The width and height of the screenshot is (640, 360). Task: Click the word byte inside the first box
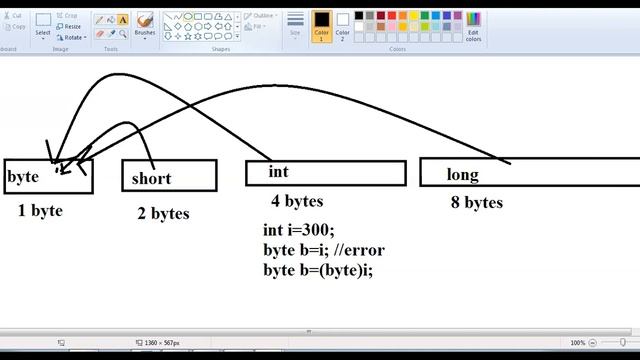[23, 177]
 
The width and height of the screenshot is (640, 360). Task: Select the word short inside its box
[151, 179]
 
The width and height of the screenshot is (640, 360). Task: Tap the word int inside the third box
[278, 172]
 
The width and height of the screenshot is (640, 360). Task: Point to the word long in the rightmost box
[462, 175]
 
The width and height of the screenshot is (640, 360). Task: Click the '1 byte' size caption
[40, 211]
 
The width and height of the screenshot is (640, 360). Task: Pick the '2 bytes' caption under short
[163, 213]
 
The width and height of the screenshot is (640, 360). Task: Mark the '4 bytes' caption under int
[297, 201]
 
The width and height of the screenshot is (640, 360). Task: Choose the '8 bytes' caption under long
[476, 203]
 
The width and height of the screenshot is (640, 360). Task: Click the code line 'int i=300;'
[298, 230]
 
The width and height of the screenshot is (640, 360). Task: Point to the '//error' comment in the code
[359, 249]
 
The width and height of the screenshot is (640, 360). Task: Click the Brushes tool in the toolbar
[145, 24]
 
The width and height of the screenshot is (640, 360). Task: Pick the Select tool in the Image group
[43, 24]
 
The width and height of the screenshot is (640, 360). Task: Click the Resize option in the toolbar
[70, 27]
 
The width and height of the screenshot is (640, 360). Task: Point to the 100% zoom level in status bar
[577, 343]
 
